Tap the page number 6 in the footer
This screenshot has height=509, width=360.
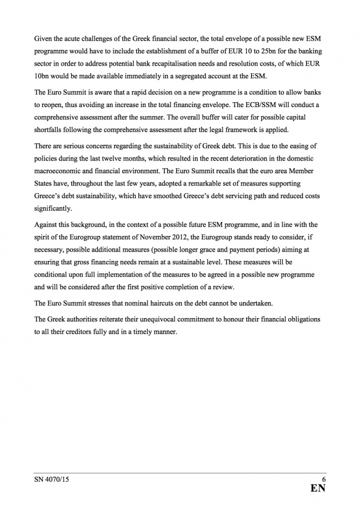point(323,478)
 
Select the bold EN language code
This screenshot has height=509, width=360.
point(318,489)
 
